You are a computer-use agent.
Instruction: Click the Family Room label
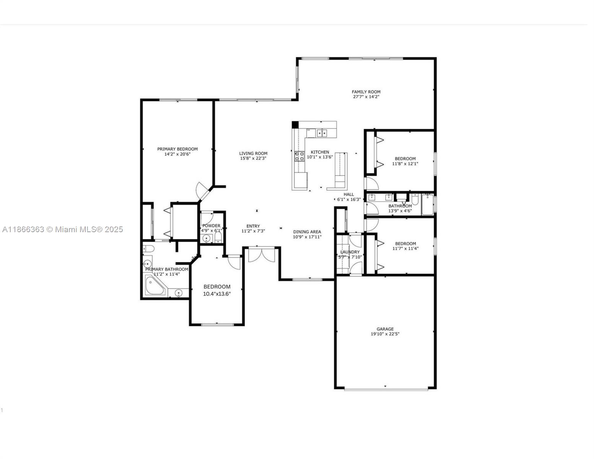tap(366, 92)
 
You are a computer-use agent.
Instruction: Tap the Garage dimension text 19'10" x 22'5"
tap(385, 334)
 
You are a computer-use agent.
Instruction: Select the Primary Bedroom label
tap(177, 149)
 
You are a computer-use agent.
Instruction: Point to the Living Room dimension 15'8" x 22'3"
tap(253, 158)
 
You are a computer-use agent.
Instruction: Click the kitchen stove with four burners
tap(299, 156)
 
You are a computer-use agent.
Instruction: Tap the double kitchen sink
tap(322, 133)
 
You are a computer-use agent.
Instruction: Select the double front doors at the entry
tap(262, 255)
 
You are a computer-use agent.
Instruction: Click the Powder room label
tap(211, 226)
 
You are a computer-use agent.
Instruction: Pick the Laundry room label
tap(350, 252)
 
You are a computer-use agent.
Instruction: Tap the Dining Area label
tap(307, 232)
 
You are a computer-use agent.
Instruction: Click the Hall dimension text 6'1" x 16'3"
tap(348, 199)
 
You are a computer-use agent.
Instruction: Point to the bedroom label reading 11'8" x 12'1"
tap(405, 164)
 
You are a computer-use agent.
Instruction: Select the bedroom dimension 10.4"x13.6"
tap(217, 294)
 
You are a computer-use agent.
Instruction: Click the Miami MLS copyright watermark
tap(62, 229)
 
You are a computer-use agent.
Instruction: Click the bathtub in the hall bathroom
tap(427, 205)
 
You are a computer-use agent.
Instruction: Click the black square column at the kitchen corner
tap(295, 125)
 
